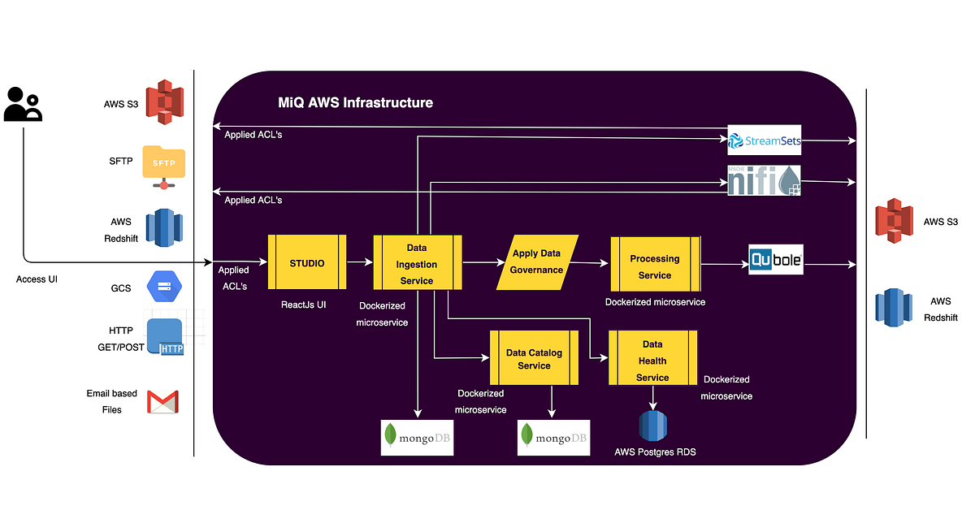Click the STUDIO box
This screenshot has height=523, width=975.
(x=307, y=262)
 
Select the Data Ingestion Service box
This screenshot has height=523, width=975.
(x=418, y=262)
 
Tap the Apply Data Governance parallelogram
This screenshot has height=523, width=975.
(x=537, y=262)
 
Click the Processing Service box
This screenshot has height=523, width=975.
(x=654, y=266)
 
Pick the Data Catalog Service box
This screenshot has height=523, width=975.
(x=534, y=358)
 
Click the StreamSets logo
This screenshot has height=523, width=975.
(x=765, y=141)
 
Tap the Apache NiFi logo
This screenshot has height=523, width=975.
(x=764, y=181)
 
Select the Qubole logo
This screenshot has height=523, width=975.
(x=775, y=261)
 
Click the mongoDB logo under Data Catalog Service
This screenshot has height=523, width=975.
(x=554, y=438)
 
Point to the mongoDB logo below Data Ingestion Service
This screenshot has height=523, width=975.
(x=418, y=438)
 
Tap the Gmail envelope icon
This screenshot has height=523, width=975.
(x=162, y=402)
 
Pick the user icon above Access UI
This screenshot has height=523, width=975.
(x=23, y=104)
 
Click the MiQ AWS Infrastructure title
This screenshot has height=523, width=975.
(x=355, y=103)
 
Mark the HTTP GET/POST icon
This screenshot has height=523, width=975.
(x=166, y=337)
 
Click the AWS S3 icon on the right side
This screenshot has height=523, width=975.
(x=895, y=221)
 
